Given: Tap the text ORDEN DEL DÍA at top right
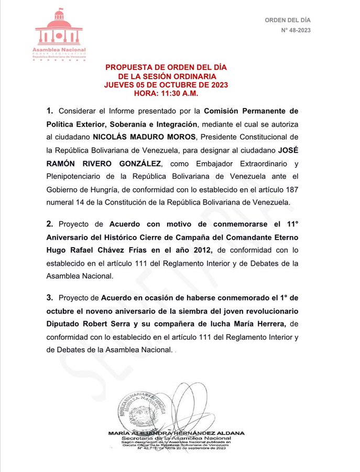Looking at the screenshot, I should click(x=287, y=20).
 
